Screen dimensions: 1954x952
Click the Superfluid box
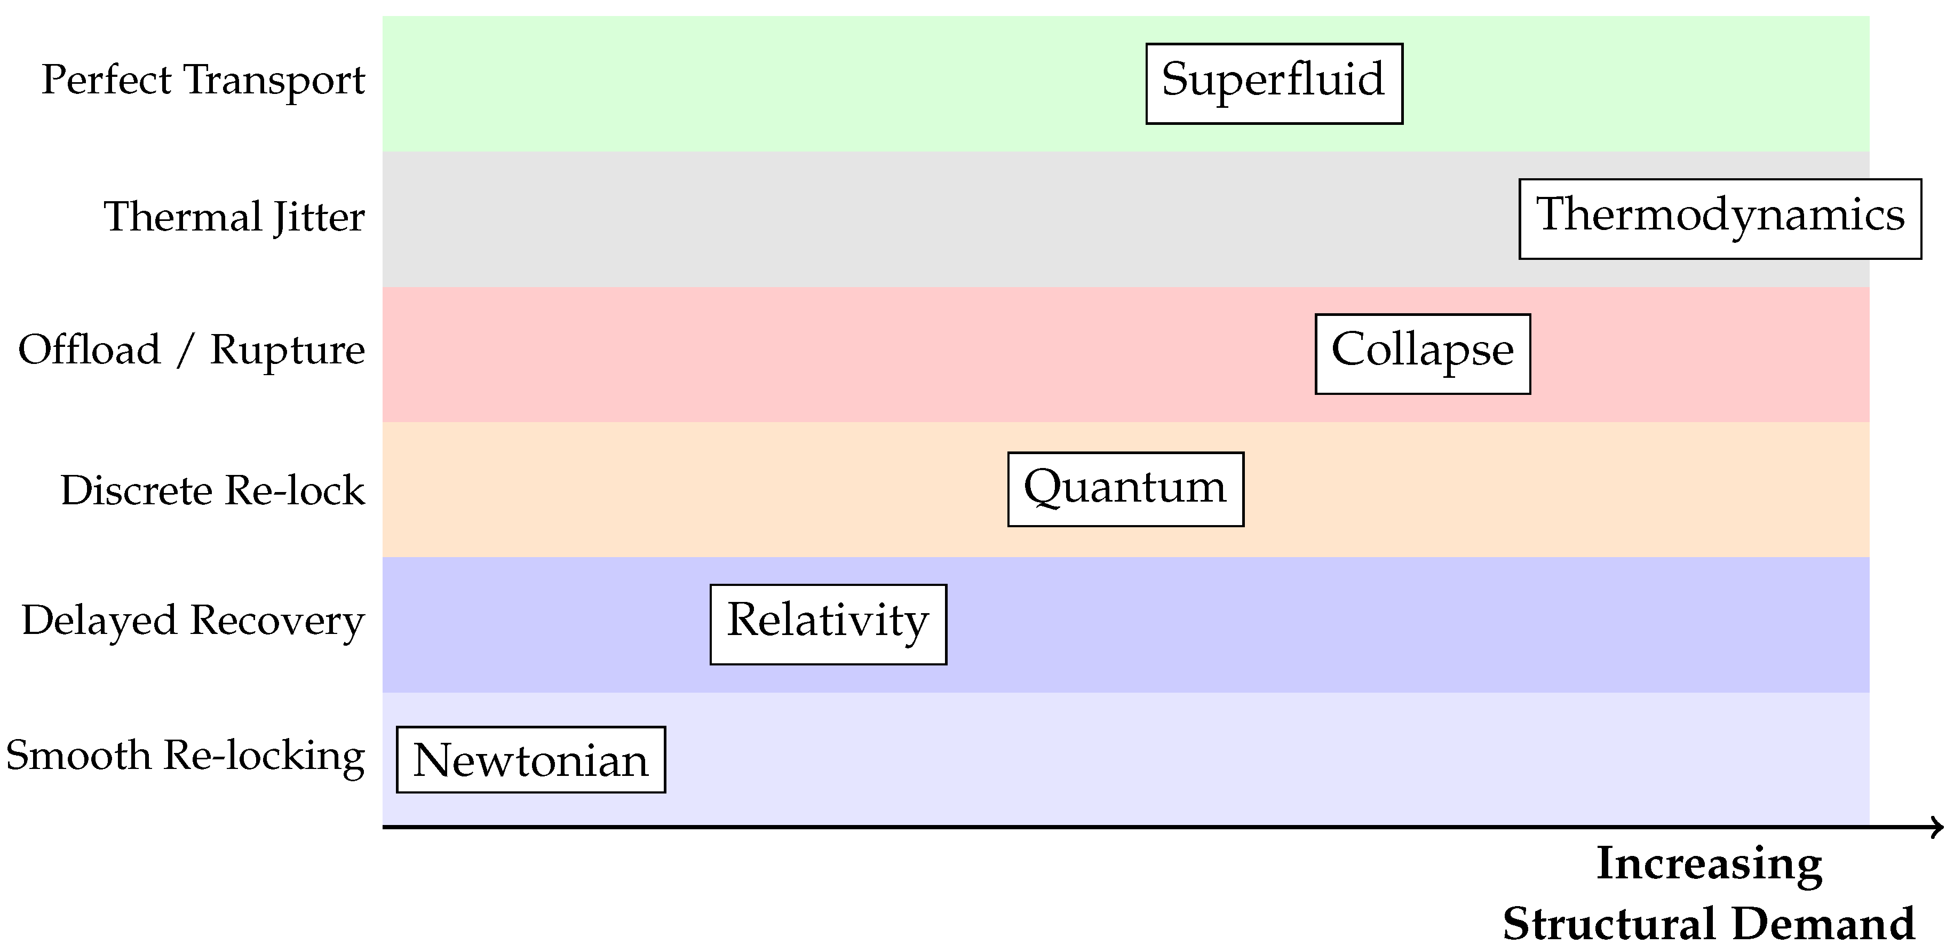point(1274,83)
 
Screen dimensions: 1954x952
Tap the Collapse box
point(1422,353)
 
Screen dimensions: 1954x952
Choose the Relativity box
point(828,624)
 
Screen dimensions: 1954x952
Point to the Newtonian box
point(530,759)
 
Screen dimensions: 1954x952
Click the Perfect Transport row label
point(203,81)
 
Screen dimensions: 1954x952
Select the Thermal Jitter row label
point(234,217)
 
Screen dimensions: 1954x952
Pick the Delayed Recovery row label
point(193,621)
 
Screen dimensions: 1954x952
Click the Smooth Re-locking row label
point(185,756)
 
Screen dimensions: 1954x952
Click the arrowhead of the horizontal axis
point(1936,827)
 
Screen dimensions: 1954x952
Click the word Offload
point(90,351)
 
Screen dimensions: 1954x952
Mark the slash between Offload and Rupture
point(184,352)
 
